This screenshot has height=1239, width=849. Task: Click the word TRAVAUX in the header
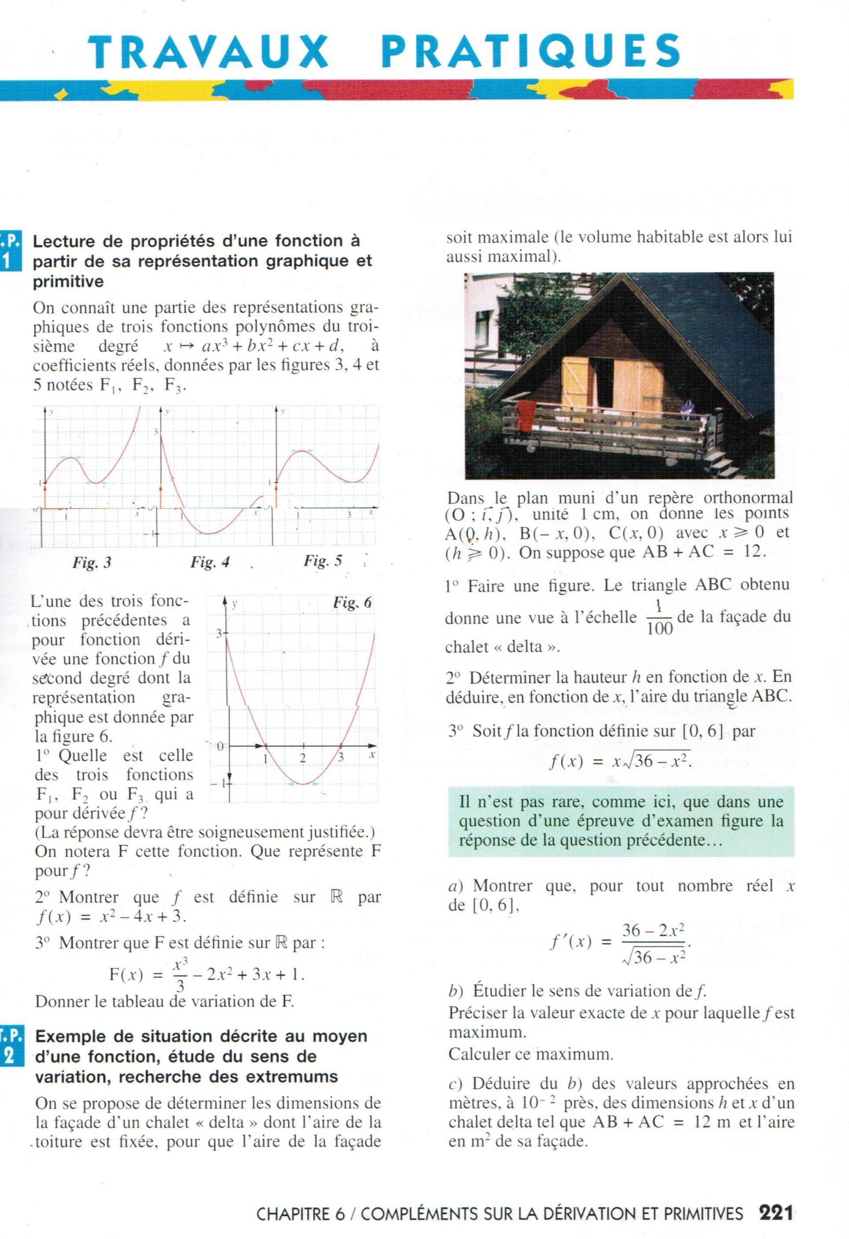(208, 52)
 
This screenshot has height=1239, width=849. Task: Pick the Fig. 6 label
(352, 603)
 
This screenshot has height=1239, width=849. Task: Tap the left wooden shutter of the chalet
(575, 382)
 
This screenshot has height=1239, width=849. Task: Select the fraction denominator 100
(660, 629)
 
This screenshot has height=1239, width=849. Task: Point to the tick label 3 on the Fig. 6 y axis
(219, 634)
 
